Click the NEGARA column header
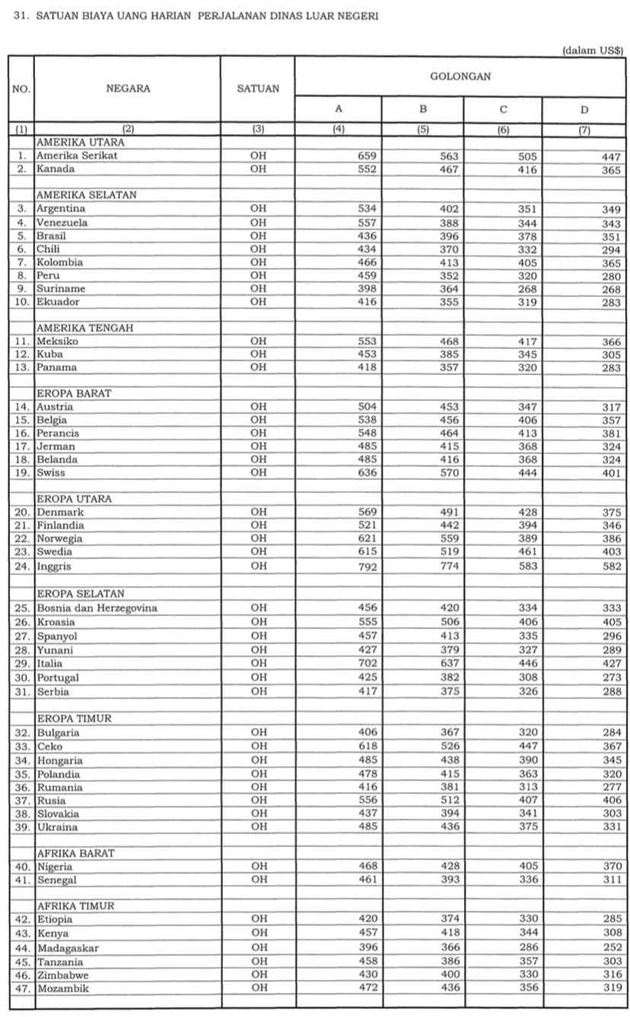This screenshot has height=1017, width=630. click(128, 88)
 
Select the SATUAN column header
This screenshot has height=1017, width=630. click(258, 88)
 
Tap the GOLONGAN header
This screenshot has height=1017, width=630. click(460, 76)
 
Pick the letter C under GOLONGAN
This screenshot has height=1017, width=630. click(504, 110)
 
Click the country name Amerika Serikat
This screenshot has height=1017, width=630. click(76, 156)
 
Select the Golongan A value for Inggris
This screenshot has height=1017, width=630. click(367, 567)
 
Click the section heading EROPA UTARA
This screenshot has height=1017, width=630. click(74, 499)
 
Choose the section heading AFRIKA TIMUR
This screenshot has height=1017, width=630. click(75, 906)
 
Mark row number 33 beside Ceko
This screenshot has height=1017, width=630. click(22, 747)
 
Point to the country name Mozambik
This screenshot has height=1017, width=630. click(63, 987)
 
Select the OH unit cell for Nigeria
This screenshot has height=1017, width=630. click(259, 866)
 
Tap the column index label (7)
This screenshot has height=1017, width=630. click(584, 129)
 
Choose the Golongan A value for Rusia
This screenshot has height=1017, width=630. click(367, 800)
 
